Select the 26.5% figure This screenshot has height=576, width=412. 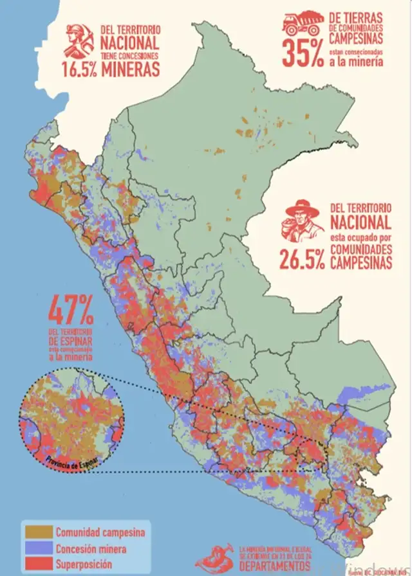click(302, 258)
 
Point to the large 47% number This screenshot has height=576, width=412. click(71, 311)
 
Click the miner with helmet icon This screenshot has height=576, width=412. click(80, 40)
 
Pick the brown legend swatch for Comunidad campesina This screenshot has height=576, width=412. click(37, 532)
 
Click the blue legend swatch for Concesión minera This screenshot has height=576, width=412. click(37, 548)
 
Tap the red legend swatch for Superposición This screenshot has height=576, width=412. click(37, 564)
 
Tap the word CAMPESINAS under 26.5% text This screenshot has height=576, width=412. click(360, 264)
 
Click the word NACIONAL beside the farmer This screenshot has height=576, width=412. click(360, 223)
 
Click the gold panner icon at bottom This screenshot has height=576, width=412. click(216, 559)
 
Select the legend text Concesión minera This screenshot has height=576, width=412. click(91, 548)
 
